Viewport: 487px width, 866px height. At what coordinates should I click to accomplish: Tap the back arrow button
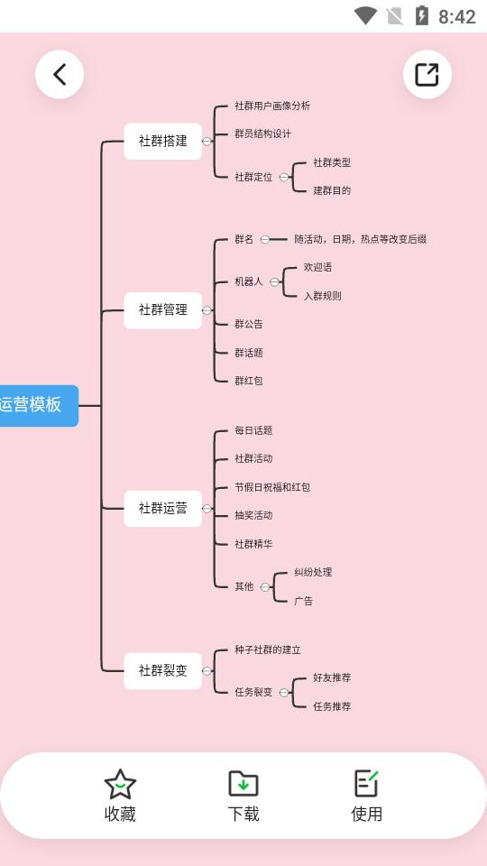click(x=60, y=74)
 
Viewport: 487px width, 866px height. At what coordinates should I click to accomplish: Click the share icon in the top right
click(x=427, y=74)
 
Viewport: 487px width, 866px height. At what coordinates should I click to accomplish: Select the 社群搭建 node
click(x=162, y=141)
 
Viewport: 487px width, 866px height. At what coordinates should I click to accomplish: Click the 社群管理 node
click(x=162, y=309)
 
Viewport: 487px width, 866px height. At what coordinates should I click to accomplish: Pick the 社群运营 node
click(x=162, y=508)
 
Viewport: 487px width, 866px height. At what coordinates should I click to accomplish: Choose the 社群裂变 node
click(x=162, y=670)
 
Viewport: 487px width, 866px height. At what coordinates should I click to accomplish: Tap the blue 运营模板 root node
click(x=36, y=405)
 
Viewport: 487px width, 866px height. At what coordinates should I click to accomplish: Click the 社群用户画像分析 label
click(x=272, y=106)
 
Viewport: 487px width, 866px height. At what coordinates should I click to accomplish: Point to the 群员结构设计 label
click(x=262, y=134)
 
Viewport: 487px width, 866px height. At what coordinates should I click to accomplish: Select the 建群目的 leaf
click(x=332, y=190)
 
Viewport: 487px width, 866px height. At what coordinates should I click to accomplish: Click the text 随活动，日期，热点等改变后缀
click(x=360, y=239)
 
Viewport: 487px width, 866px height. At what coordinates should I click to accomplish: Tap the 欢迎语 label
click(x=317, y=267)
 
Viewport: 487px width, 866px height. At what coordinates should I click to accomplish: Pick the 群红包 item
click(x=248, y=381)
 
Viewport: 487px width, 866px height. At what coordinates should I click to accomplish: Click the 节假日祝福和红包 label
click(x=272, y=487)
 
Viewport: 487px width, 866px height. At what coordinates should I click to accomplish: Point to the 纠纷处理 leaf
click(x=313, y=572)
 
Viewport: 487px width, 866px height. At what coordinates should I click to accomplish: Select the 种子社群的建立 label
click(x=268, y=649)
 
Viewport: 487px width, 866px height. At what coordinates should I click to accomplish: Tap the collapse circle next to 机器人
click(x=274, y=281)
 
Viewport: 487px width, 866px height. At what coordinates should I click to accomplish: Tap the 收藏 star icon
click(x=120, y=784)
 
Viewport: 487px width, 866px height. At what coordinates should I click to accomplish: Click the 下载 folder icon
click(x=243, y=783)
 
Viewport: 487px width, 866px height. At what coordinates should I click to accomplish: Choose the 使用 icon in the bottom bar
click(x=366, y=783)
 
